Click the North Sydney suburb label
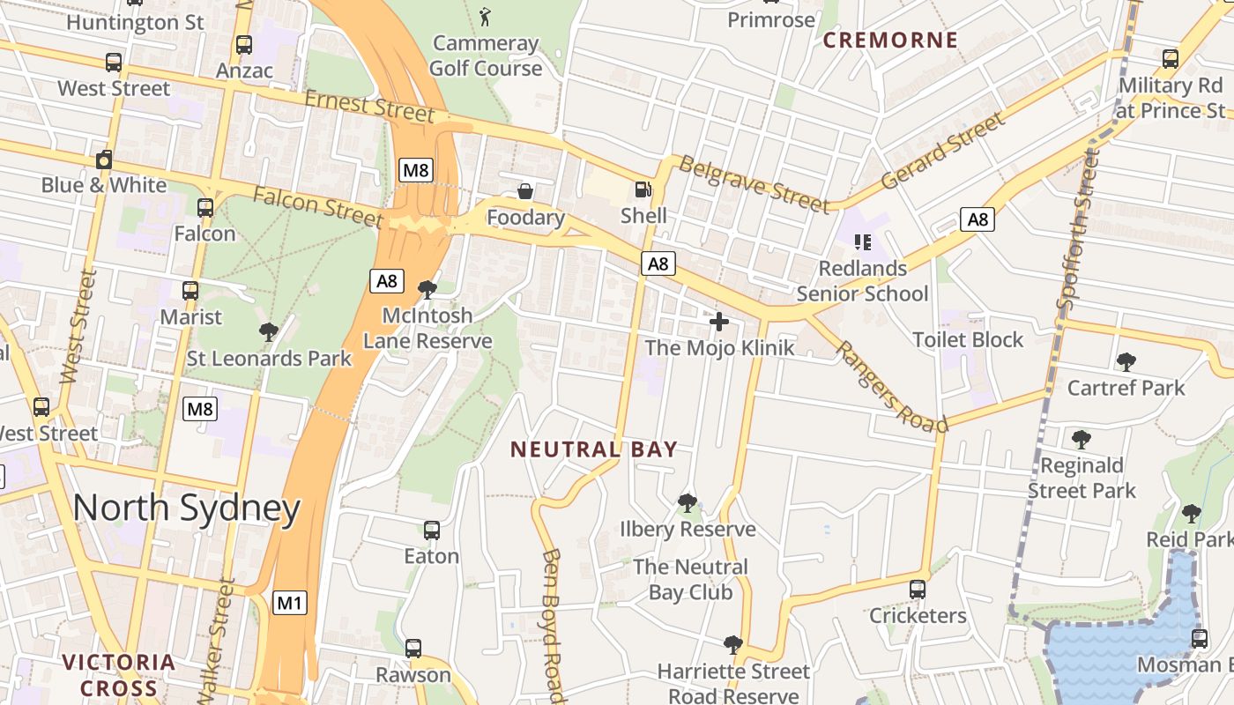tap(186, 508)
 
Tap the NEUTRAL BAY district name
tap(594, 449)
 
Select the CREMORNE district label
tap(890, 40)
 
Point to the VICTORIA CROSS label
tap(119, 675)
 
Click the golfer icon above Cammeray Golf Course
tap(485, 15)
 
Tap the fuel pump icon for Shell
tap(643, 189)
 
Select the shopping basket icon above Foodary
tap(525, 191)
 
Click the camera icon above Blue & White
tap(104, 160)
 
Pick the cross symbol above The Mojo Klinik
tap(719, 322)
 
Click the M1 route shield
tap(289, 604)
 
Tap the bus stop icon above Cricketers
tap(918, 589)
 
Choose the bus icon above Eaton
tap(431, 530)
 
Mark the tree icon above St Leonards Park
tap(269, 332)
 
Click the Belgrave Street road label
tap(755, 186)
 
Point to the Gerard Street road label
tap(942, 151)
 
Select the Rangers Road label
tap(890, 386)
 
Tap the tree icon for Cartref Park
tap(1126, 361)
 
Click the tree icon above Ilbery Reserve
tap(687, 503)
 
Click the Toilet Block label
tap(968, 340)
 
